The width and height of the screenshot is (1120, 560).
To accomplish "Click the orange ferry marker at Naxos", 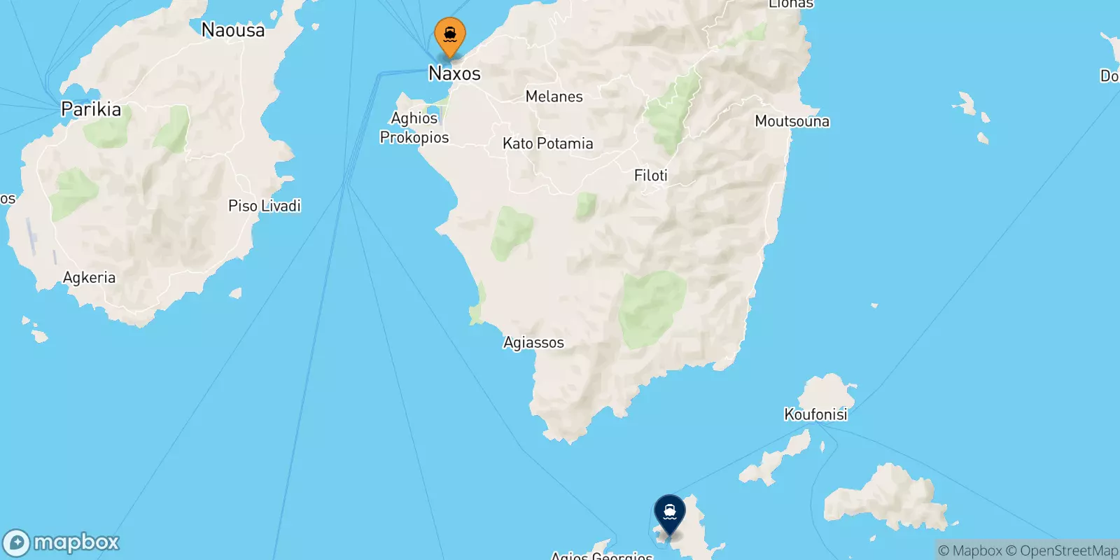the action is (450, 35).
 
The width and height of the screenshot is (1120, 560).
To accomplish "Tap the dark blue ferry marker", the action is (670, 513).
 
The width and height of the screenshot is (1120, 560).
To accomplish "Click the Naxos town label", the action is (454, 73).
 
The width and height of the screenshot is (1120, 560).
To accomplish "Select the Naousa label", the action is (233, 30).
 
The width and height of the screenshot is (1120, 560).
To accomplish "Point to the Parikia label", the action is (91, 109).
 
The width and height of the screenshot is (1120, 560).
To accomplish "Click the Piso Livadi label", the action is (265, 206).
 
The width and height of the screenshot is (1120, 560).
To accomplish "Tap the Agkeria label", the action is (89, 278).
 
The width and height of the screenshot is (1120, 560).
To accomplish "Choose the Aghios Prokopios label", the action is (414, 128).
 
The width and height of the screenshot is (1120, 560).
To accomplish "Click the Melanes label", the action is (554, 97).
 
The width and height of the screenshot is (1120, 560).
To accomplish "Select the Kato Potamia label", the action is (547, 143).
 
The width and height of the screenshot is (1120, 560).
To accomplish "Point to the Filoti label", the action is (650, 176).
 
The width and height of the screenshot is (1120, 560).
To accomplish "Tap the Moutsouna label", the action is (792, 121).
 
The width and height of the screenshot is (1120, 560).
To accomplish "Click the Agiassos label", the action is (533, 342).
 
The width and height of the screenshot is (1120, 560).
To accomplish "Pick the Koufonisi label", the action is (815, 414).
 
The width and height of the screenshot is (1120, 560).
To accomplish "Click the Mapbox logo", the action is (61, 542).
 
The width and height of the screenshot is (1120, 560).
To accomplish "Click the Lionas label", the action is (791, 4).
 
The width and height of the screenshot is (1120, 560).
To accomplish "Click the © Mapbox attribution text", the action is (970, 551).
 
